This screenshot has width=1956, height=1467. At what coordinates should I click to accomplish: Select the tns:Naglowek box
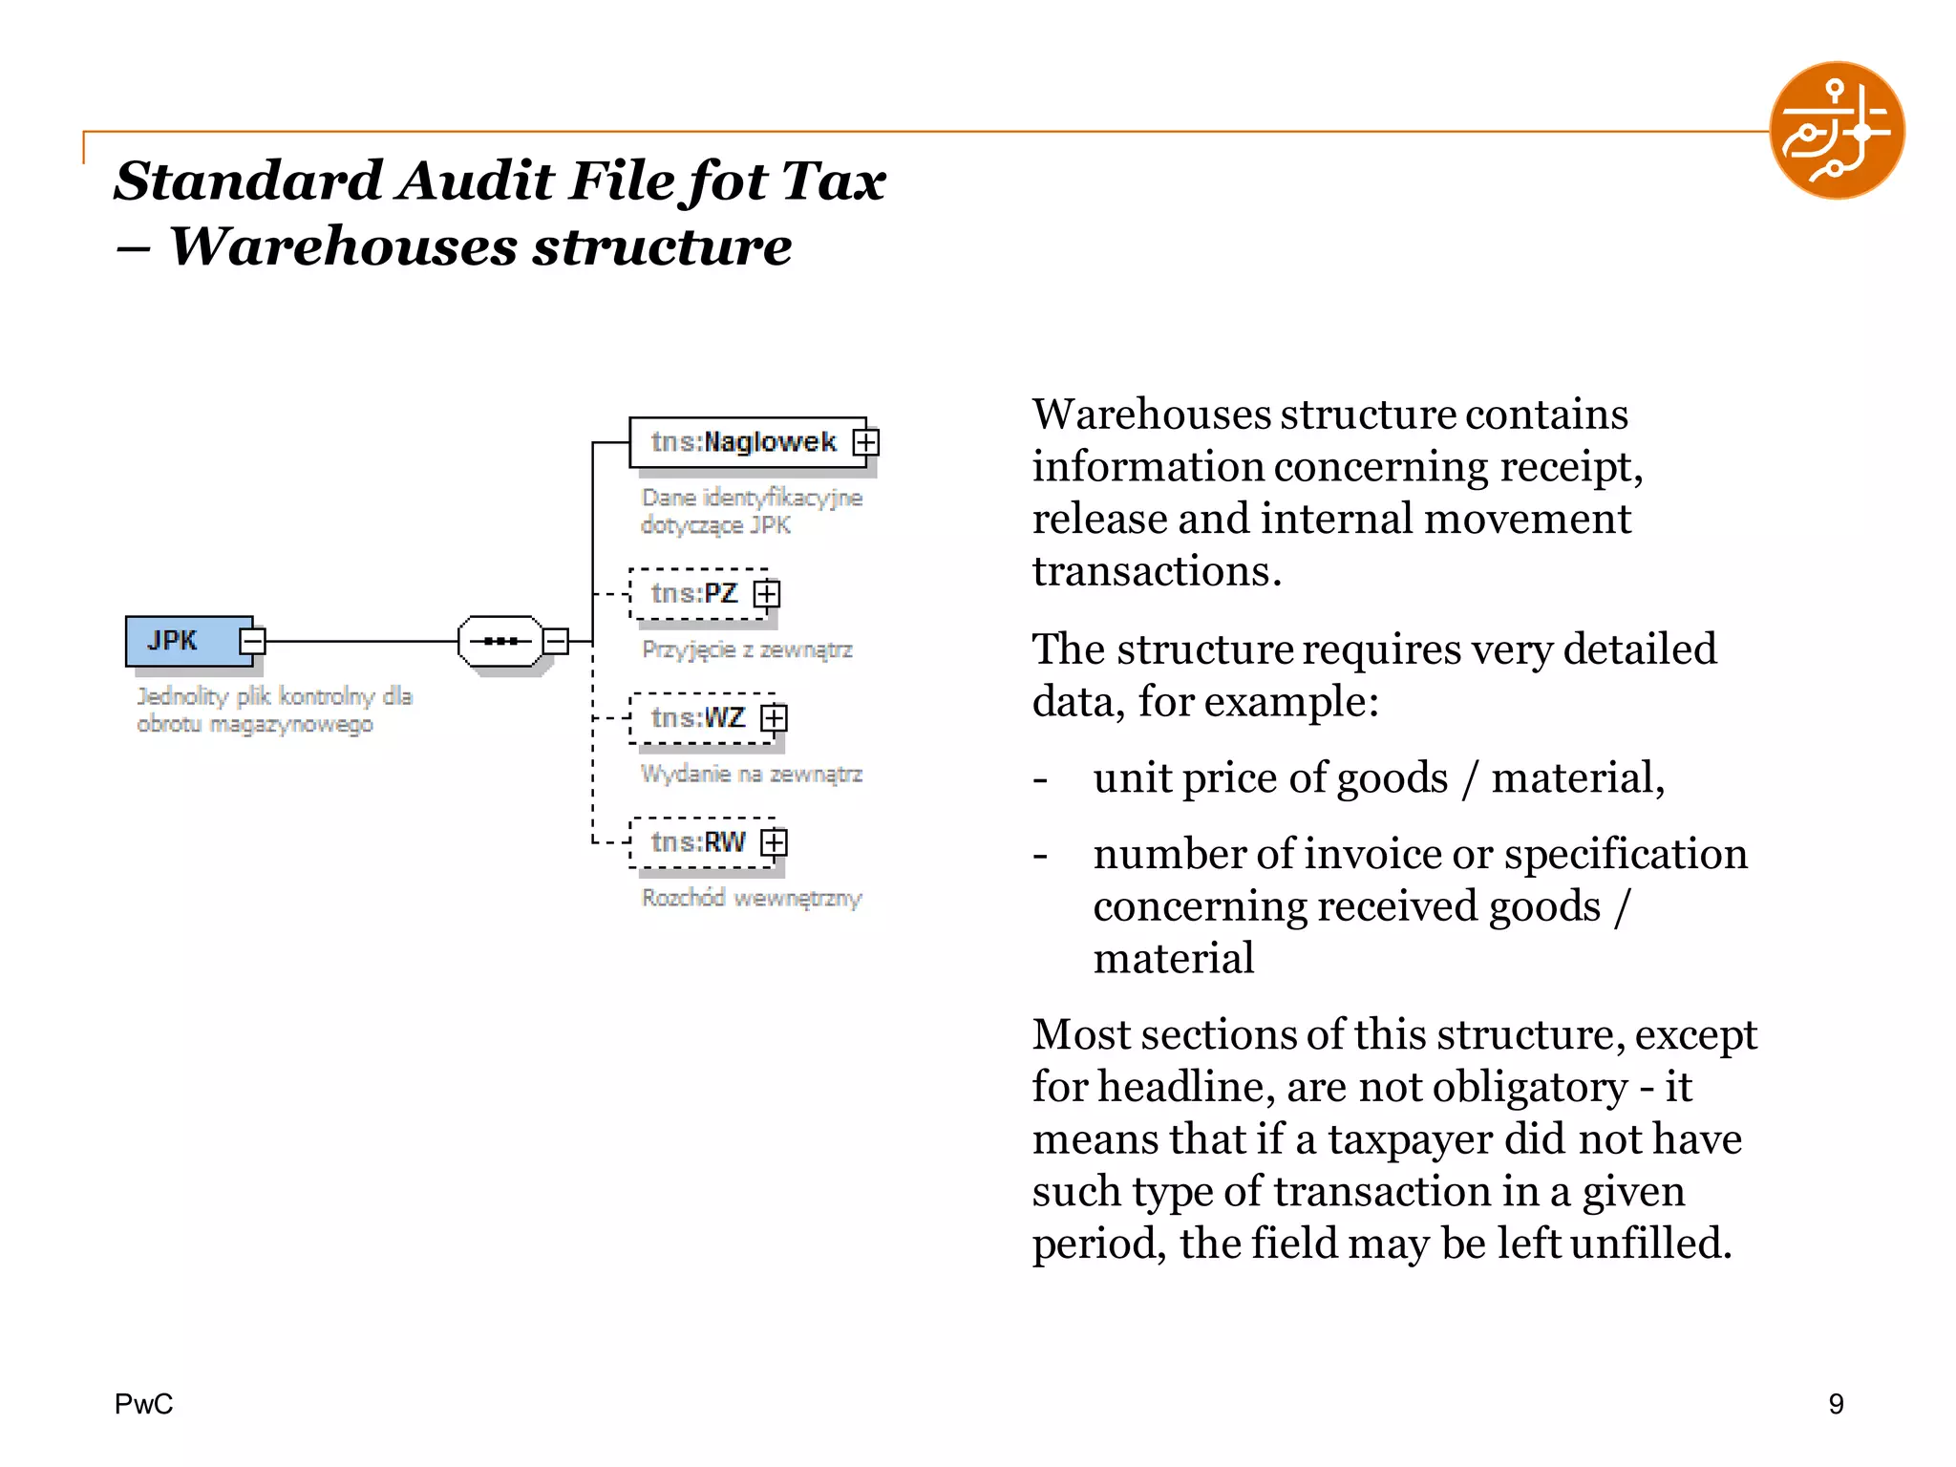743,442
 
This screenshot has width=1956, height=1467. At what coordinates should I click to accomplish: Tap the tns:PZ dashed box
695,594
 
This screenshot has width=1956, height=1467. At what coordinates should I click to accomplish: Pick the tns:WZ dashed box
698,718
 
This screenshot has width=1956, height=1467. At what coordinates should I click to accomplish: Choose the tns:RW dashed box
698,842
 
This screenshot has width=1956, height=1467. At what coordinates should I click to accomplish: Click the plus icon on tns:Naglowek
866,442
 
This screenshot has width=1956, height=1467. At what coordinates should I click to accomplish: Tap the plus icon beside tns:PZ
767,594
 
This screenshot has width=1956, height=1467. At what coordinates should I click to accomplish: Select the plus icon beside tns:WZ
774,718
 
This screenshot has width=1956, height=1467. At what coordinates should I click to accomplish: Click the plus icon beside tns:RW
774,842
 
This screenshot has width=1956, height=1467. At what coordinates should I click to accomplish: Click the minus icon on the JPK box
252,640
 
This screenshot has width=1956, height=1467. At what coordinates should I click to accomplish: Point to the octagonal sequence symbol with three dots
500,641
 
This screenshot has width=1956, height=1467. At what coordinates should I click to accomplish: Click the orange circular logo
1837,131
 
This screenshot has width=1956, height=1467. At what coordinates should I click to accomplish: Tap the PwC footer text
143,1404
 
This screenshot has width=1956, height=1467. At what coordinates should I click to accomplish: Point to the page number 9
1836,1404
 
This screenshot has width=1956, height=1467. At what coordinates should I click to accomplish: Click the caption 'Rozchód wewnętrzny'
752,898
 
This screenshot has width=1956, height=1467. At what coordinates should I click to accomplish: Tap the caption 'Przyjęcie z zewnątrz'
747,649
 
